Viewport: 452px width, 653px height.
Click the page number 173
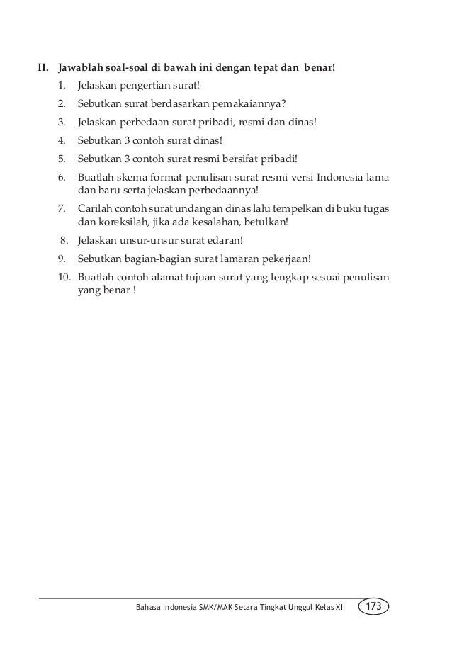(375, 607)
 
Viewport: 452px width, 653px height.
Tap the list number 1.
(62, 87)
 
